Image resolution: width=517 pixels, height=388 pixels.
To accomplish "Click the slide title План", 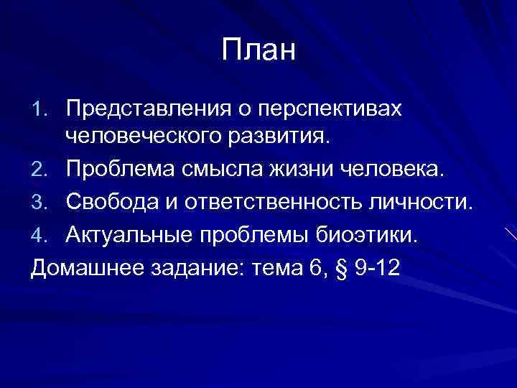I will tap(258, 51).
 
